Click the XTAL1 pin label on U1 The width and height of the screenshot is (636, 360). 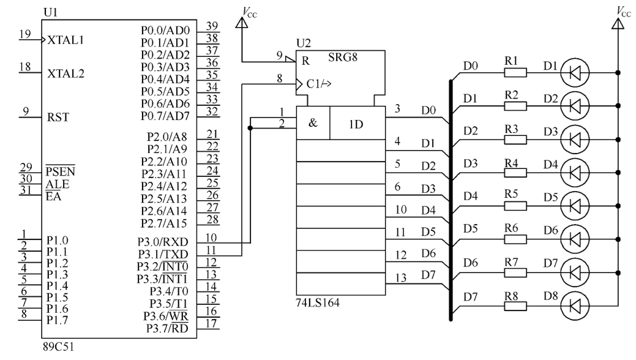click(65, 40)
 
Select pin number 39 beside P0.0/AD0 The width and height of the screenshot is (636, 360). click(212, 26)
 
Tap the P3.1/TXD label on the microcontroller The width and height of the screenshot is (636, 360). click(163, 253)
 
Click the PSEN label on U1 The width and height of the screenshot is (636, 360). click(58, 170)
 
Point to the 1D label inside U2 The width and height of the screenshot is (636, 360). click(356, 124)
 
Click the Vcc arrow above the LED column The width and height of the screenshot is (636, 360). click(618, 23)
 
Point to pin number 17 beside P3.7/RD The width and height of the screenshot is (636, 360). click(211, 324)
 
